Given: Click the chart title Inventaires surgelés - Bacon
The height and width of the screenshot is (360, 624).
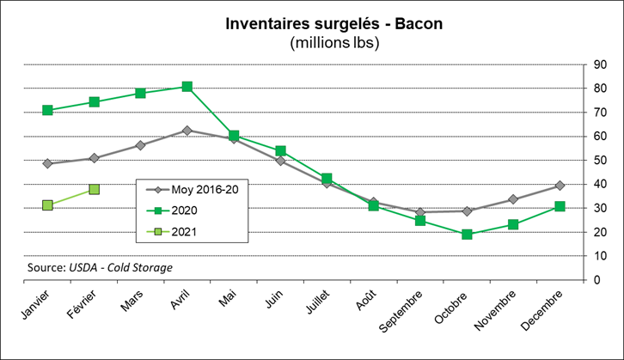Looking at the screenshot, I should click(x=335, y=23).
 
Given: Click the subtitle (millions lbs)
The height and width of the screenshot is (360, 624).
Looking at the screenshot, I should click(x=335, y=41).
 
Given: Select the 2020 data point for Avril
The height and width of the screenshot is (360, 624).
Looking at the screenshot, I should click(x=187, y=87).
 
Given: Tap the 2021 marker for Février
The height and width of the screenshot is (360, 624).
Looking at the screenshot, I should click(x=94, y=189).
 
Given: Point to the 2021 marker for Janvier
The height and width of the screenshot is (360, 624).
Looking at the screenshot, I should click(x=47, y=205).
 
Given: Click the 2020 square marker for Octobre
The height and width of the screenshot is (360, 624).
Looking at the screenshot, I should click(x=467, y=235).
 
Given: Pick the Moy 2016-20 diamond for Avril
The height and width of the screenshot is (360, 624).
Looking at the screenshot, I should click(x=187, y=131).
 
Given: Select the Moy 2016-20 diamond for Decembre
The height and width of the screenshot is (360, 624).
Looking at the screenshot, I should click(x=560, y=186).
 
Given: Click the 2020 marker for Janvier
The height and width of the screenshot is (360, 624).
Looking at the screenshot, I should click(x=47, y=110).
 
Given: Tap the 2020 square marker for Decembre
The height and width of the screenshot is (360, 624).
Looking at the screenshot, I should click(x=560, y=206).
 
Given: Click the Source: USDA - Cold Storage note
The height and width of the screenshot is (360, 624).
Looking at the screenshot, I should click(x=100, y=267).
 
